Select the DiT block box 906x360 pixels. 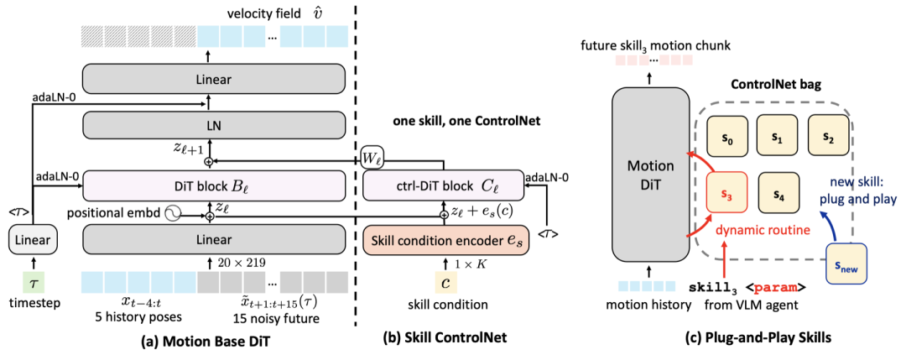[213, 187]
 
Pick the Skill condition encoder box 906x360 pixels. [444, 239]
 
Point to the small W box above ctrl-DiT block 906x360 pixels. [372, 159]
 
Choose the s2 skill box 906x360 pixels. [828, 133]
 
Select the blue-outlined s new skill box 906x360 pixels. [846, 263]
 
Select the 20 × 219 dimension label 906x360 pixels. [242, 263]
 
